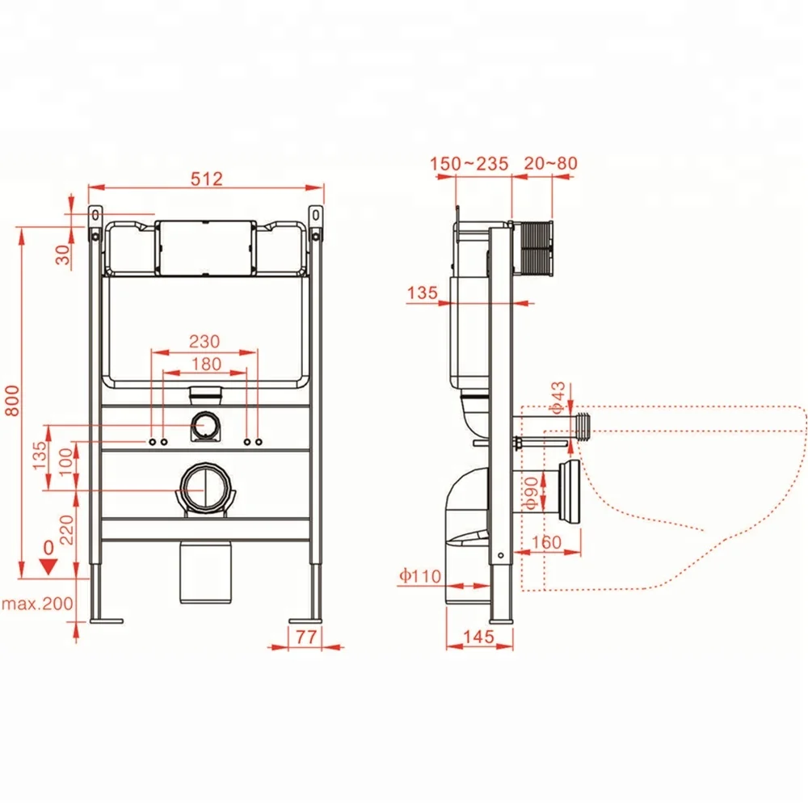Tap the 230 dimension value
[204, 342]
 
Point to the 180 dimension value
[204, 364]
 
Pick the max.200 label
[36, 603]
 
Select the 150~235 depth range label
[469, 164]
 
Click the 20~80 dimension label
[549, 164]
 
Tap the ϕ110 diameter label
[419, 575]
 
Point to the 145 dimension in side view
[478, 637]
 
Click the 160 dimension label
[547, 543]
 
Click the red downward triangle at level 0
[48, 566]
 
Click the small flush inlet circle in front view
[204, 423]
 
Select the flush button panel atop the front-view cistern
[204, 246]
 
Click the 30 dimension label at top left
[63, 255]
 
